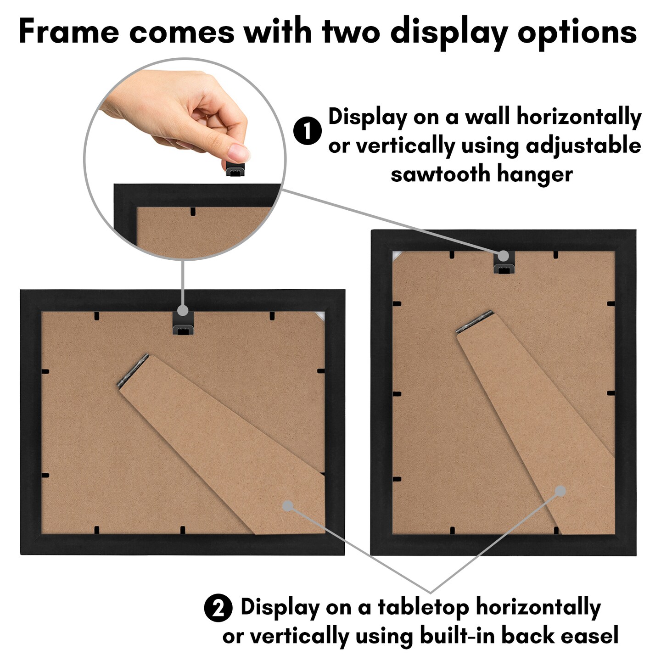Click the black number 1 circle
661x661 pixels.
(307, 131)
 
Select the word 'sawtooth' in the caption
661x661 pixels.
(440, 174)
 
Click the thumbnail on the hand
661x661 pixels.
(239, 151)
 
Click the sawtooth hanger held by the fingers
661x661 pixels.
(235, 169)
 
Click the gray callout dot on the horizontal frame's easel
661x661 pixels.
(288, 506)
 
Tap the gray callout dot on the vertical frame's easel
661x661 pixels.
(560, 491)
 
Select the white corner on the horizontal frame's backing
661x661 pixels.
(320, 315)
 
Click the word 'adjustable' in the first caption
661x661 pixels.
(583, 146)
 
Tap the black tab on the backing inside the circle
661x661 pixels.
(193, 212)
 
